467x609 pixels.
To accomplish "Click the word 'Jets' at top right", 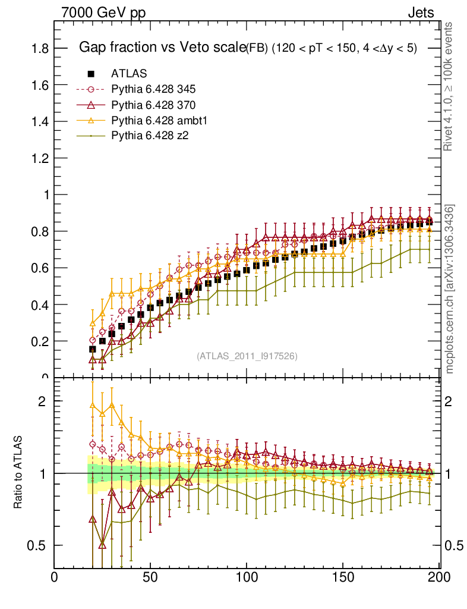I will pos(421,12).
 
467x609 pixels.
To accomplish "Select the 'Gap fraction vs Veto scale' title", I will pos(162,48).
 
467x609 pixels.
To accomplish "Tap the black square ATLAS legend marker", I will pos(91,74).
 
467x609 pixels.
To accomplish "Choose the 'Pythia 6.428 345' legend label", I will pos(153,90).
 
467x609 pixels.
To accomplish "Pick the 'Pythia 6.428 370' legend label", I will pos(153,105).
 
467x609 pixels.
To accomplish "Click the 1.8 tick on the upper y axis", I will pos(40,48).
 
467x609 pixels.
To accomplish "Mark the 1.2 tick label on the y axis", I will pos(40,158).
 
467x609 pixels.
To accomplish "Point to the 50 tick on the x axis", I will pos(150,577).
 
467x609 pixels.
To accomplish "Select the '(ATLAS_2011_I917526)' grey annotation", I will pos(247,356).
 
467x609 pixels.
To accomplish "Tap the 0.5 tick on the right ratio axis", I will pos(453,545).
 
